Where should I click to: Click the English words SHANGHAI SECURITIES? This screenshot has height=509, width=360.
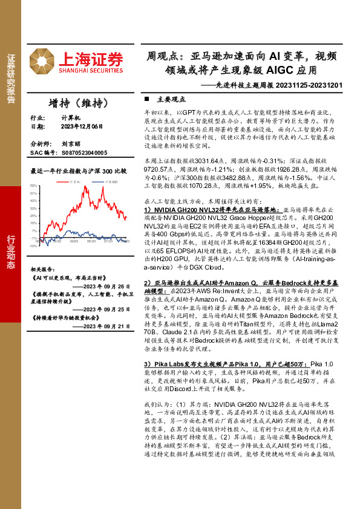[x=91, y=71]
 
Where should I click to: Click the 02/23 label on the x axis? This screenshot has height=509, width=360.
[x=74, y=241]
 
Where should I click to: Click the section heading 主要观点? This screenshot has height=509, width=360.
[x=172, y=99]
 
